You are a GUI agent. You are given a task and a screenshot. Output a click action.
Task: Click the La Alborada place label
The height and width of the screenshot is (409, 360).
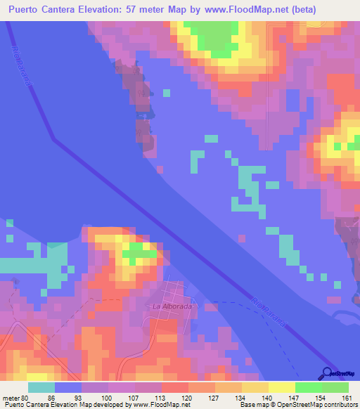(x=172, y=306)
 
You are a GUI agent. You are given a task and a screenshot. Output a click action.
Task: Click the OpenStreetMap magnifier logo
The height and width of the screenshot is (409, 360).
(x=328, y=372)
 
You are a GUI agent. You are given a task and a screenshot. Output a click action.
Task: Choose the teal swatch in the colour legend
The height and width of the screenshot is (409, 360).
(x=41, y=387)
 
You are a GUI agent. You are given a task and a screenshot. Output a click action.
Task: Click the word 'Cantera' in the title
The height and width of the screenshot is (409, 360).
(x=74, y=10)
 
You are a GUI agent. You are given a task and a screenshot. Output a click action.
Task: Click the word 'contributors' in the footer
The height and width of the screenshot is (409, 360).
(x=339, y=404)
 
